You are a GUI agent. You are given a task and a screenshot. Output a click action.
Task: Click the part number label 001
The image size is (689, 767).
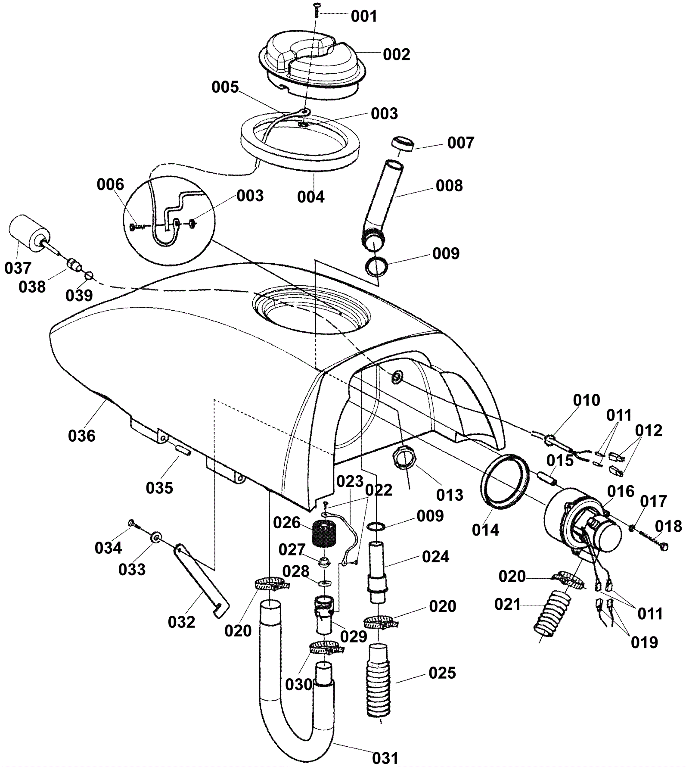pos(364,16)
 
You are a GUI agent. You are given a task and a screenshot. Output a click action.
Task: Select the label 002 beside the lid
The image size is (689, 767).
pos(397,55)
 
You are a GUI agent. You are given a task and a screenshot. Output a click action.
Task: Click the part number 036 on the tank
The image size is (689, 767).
pos(81,436)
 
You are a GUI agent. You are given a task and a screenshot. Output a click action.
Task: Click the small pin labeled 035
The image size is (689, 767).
pos(183,450)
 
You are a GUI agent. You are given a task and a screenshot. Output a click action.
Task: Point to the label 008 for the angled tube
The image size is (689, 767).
pos(449,186)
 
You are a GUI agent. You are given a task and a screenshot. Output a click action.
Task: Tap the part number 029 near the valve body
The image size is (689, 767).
pos(354,636)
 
